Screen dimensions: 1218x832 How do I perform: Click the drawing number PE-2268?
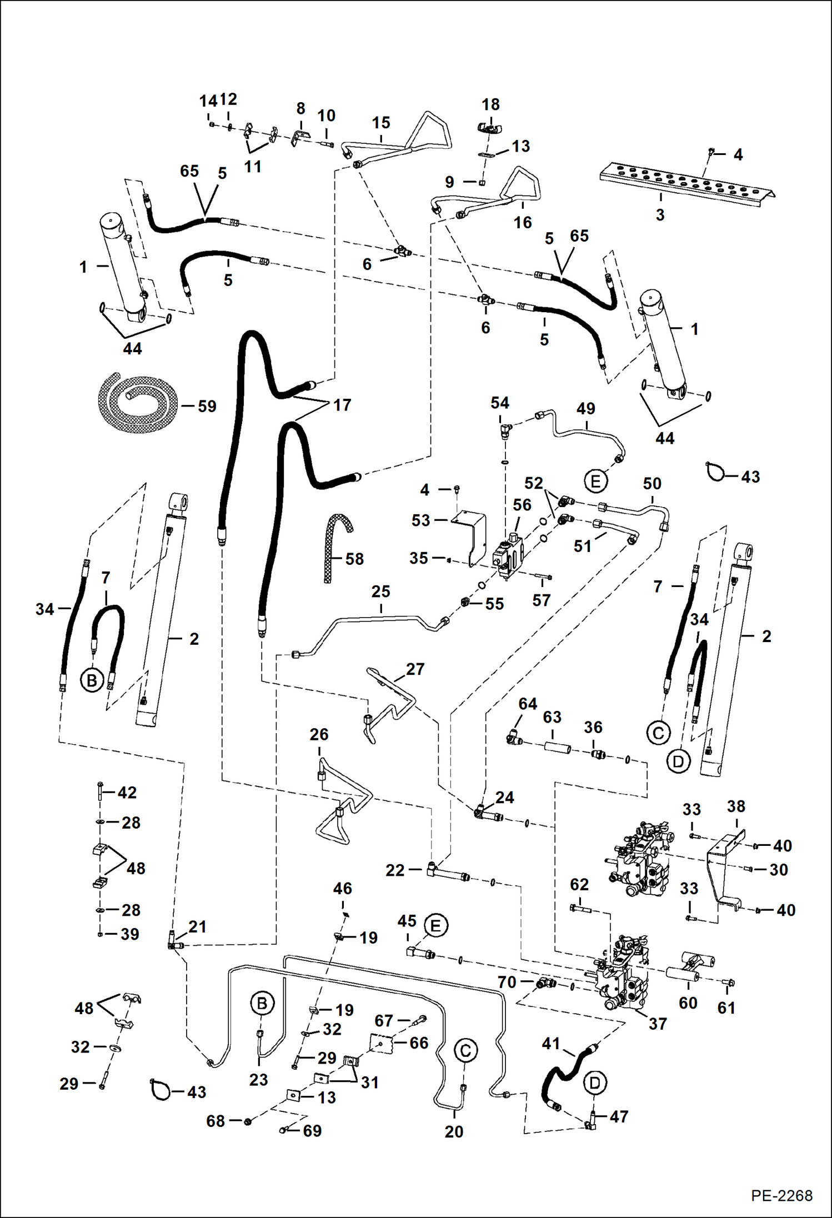click(781, 1195)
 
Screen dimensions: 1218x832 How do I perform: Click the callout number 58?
click(354, 559)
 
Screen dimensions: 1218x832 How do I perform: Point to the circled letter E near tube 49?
click(595, 481)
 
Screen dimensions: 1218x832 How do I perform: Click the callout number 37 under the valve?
click(657, 1024)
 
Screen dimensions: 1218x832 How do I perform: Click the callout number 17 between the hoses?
click(342, 405)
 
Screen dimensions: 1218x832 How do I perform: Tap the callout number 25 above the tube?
click(380, 592)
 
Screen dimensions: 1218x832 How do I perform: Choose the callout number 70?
click(507, 982)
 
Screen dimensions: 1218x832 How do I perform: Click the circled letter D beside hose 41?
click(595, 1082)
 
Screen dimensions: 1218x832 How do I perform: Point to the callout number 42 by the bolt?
click(127, 792)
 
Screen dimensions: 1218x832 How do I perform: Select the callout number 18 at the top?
click(490, 104)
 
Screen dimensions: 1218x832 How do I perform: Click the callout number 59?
click(207, 406)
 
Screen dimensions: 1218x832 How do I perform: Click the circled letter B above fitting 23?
click(262, 1003)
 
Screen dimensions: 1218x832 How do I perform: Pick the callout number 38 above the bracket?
click(736, 806)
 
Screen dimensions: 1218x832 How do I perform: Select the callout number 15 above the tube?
click(381, 122)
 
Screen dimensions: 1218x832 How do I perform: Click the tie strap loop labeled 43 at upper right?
click(715, 472)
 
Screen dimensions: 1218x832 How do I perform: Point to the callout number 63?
click(552, 717)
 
